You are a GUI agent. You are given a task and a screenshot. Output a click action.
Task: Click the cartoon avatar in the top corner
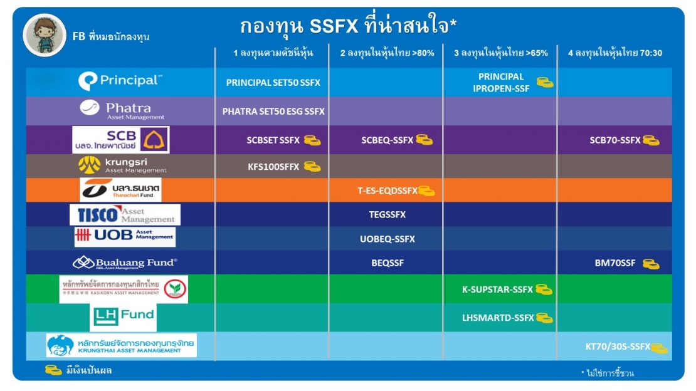point(45,35)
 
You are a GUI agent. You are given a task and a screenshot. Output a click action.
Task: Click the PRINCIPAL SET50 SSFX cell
point(273,83)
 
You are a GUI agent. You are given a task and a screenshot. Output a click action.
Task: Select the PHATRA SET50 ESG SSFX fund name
point(273,112)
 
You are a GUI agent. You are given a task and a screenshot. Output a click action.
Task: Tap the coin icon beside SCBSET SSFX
point(312,140)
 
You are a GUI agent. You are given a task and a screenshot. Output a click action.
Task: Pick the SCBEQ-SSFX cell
point(387,140)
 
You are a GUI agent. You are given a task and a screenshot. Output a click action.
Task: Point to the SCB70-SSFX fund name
point(614,140)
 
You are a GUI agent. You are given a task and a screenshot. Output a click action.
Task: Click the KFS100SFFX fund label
point(273,167)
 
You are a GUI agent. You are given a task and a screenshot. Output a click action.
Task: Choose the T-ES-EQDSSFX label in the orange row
point(387,191)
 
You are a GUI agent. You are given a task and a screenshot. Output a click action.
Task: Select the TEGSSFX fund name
point(387,215)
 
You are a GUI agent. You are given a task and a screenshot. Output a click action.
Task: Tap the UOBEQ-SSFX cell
point(387,239)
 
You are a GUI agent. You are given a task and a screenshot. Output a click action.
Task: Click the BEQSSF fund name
point(388,263)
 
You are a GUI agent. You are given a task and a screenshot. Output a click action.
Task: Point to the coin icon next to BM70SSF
point(651,264)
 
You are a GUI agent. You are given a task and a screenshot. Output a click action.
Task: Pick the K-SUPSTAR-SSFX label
point(497,290)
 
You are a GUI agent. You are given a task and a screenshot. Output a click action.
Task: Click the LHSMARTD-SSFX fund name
point(498,318)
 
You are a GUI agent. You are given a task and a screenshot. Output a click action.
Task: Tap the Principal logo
point(120,81)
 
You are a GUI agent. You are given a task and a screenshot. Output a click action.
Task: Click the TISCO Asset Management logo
point(125,215)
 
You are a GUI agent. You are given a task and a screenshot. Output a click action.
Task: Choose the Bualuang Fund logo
point(125,263)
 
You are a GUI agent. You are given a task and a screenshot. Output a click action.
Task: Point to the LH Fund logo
point(124,316)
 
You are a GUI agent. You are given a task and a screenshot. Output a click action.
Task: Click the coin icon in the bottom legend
point(53,370)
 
